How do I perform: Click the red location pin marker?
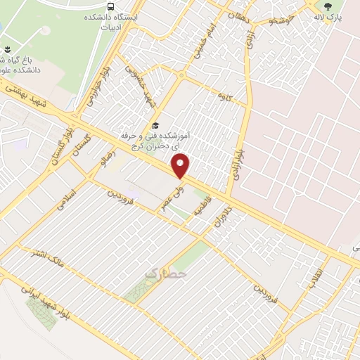coord(181,167)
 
